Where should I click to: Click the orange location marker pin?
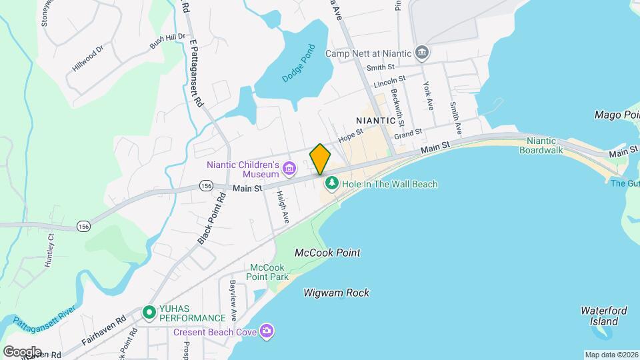coord(320,159)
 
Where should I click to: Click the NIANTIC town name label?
coord(381,120)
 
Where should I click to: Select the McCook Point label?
coord(327,253)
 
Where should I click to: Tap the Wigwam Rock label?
coord(336,293)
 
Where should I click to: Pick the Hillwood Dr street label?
coord(88,59)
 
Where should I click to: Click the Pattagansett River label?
coord(44,315)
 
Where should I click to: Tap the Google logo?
coord(22,351)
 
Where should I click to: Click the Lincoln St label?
coord(389,84)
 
